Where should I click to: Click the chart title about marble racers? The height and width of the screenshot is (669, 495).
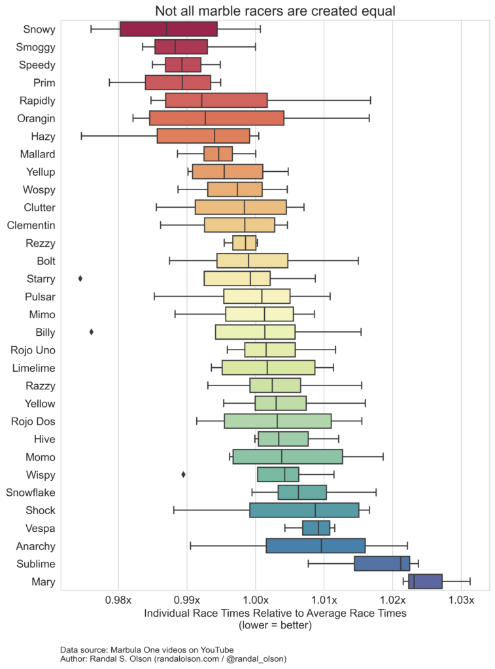(275, 10)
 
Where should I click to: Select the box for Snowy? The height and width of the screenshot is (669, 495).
(169, 29)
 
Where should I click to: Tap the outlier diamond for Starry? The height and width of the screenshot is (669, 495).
(80, 278)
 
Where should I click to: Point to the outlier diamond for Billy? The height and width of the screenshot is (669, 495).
(92, 332)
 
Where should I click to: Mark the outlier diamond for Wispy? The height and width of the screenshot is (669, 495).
(183, 474)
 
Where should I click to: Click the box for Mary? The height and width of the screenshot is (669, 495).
(425, 581)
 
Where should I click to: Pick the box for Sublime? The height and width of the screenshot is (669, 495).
(382, 564)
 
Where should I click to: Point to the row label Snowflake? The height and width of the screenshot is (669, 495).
(31, 492)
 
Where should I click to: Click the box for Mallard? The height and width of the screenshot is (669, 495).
(218, 154)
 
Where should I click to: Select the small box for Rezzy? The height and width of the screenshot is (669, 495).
(245, 243)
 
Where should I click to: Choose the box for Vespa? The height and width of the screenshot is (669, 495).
(316, 528)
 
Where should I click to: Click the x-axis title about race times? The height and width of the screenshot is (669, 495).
(275, 613)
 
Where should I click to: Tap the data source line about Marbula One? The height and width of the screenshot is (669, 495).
(146, 650)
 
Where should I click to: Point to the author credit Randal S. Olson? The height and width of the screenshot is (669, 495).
(173, 659)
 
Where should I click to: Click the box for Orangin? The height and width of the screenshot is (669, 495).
(216, 118)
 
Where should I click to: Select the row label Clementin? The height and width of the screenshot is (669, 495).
(31, 225)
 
